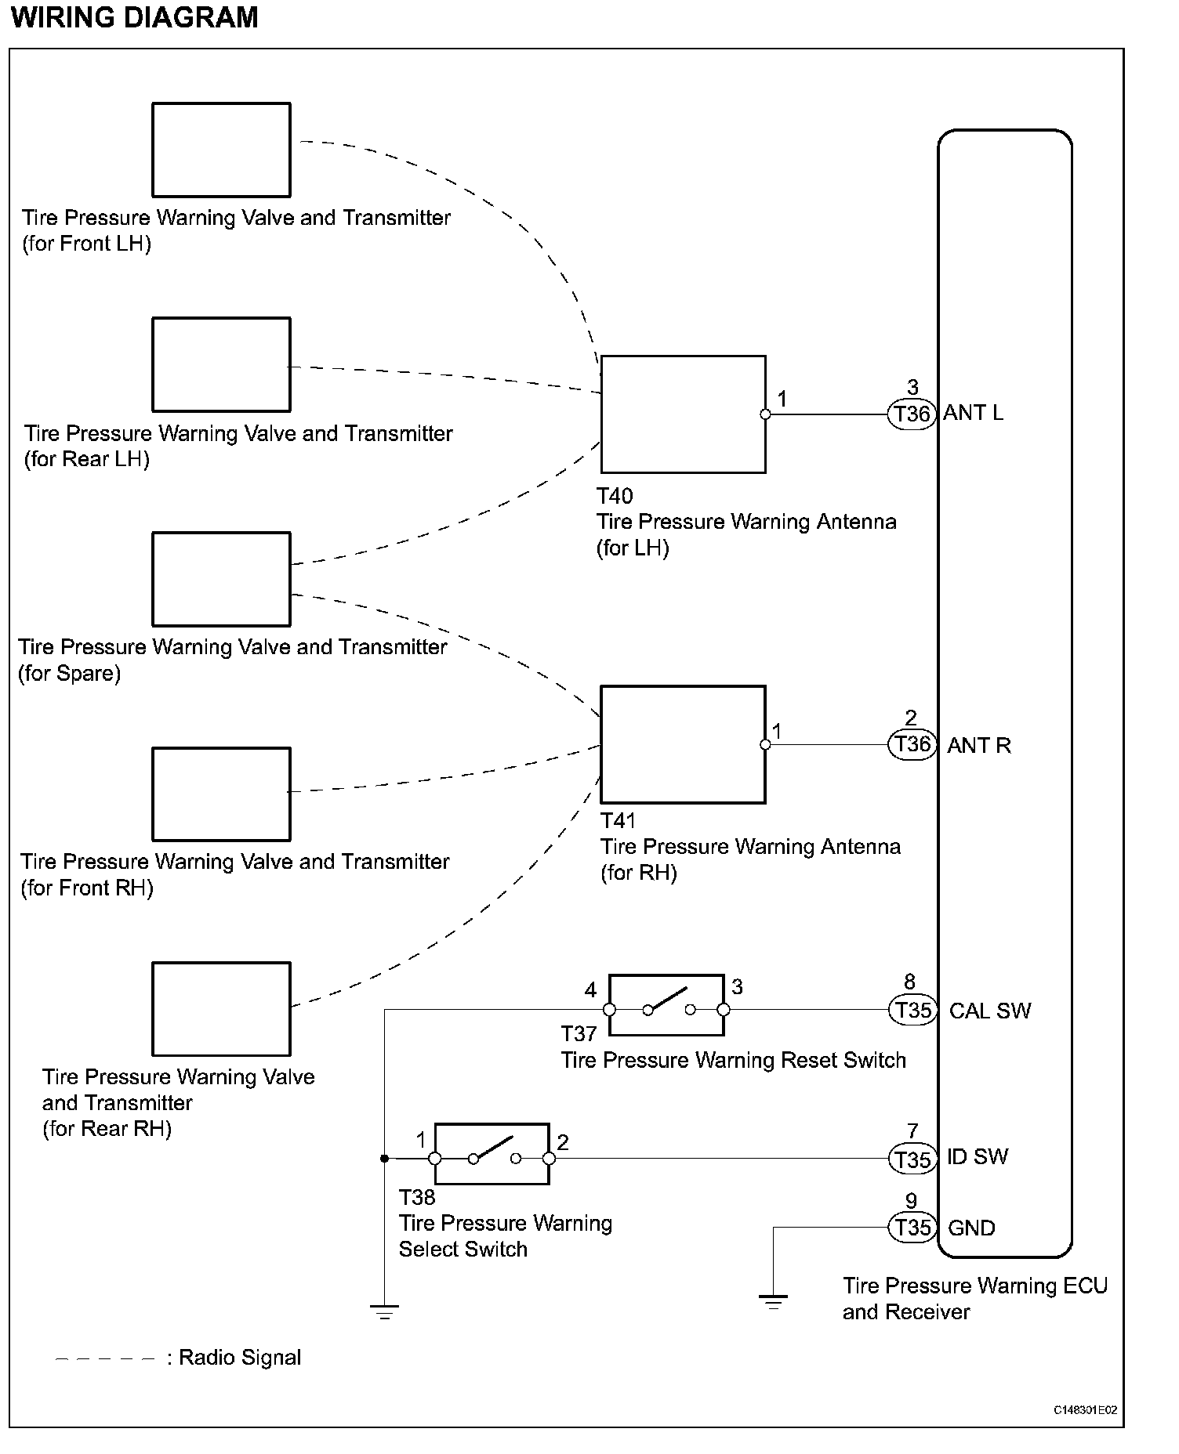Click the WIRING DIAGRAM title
135,17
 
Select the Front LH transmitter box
221,150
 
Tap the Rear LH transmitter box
221,364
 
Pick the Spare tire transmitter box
221,579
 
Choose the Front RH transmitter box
221,794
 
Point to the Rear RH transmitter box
221,1009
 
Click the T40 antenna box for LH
683,414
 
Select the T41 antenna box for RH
683,744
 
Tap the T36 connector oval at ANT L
912,414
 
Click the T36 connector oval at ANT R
912,744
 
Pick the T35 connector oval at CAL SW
912,1011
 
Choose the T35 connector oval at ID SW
912,1159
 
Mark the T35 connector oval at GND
912,1228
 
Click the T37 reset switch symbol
666,1005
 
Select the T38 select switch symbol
492,1154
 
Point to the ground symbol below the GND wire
773,1303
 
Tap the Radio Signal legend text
239,1358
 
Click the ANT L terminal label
973,413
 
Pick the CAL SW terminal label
989,1011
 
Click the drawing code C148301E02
1085,1410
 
